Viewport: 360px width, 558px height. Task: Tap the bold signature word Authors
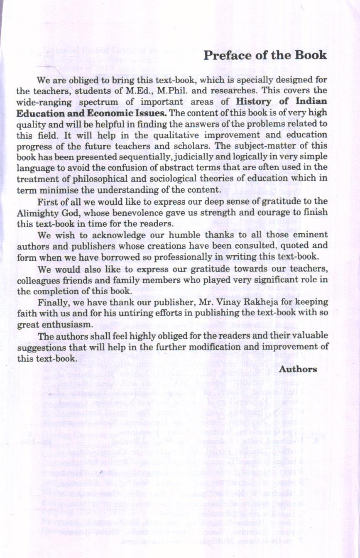[299, 369]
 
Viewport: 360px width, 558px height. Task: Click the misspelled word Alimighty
[37, 213]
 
